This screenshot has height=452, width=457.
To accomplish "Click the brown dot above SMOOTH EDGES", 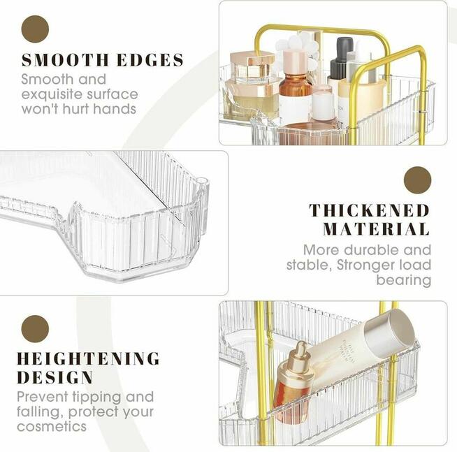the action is point(35,29).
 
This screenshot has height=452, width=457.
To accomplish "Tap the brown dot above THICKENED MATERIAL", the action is point(417,180).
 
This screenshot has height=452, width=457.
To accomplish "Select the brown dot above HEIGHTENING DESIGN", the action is point(35,329).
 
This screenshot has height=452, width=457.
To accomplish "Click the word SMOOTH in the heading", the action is point(65,60).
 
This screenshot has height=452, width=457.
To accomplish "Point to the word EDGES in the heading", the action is point(150,60).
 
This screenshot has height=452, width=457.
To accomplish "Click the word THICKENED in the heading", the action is point(369,210).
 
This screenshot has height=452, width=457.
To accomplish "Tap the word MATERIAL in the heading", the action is point(376,229).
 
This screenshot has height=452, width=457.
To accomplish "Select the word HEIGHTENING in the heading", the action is point(88,358).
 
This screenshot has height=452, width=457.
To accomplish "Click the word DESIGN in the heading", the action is point(55,377).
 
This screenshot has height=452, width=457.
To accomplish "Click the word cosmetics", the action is point(52,427).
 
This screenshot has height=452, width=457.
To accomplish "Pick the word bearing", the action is point(403,280).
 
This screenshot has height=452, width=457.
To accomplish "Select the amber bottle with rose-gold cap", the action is point(295,85).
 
